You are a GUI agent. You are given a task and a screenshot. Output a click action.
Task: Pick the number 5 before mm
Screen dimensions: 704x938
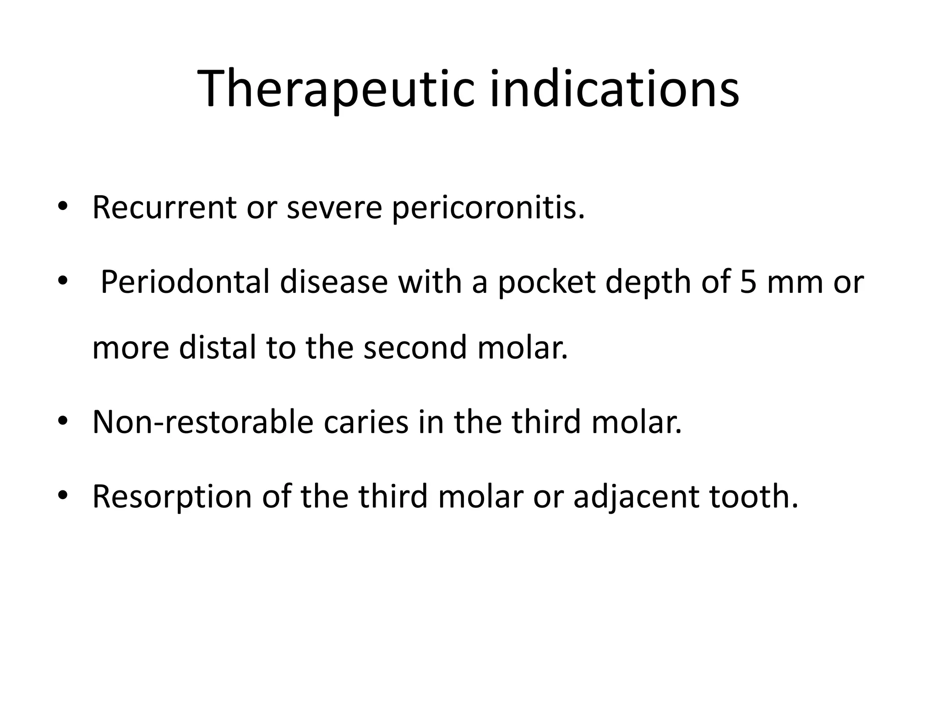pos(748,282)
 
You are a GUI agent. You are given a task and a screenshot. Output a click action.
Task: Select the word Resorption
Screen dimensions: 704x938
pos(172,496)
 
